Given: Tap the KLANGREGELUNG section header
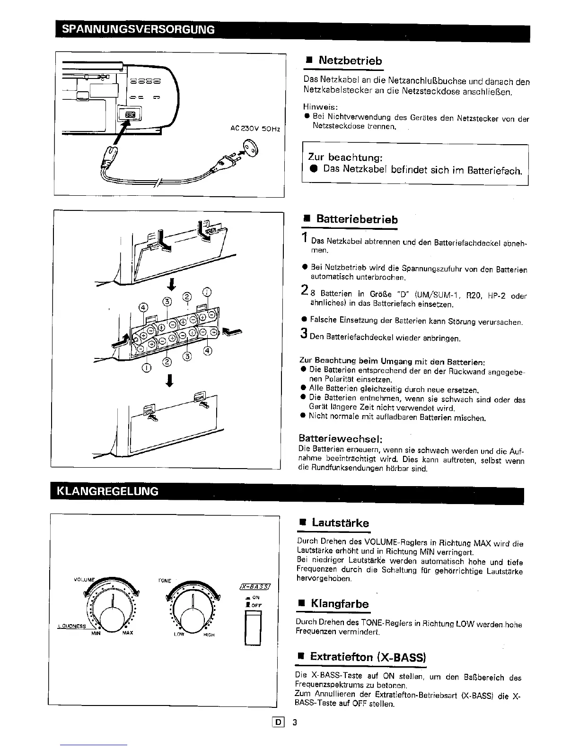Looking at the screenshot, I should coord(108,490).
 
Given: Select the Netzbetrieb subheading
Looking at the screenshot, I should coord(350,61).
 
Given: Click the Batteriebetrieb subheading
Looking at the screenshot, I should coord(357,219).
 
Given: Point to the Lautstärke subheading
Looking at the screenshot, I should coord(340,523).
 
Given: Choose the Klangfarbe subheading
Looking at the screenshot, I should coord(339,604).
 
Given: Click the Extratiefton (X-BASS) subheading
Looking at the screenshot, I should coord(368,657).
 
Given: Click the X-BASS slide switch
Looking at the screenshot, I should coord(253,628).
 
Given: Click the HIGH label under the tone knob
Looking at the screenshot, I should coord(209,635).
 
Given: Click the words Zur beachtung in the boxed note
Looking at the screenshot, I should coord(345,157).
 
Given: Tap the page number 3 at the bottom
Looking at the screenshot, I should coord(294,723).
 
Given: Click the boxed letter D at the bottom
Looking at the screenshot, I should coord(279,723).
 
